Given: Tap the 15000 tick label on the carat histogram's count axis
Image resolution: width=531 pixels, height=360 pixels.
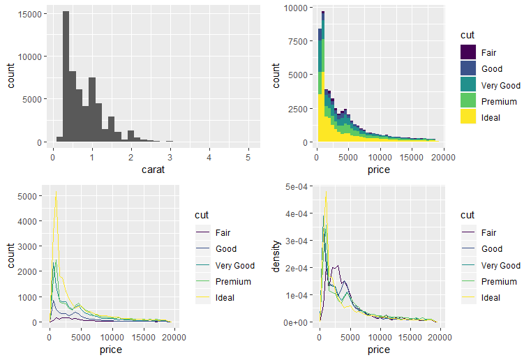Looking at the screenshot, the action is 30,14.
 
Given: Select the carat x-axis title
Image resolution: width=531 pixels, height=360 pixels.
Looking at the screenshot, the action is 153,170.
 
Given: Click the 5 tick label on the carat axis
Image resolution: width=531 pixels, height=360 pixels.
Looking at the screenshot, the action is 248,158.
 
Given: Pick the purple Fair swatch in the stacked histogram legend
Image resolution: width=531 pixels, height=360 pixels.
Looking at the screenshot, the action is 468,52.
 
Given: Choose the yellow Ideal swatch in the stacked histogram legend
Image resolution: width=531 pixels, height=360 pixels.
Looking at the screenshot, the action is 468,116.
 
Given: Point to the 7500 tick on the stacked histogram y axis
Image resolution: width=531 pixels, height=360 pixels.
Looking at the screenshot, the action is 311,41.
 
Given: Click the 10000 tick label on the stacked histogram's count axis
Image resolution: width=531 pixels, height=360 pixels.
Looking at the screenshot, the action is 296,8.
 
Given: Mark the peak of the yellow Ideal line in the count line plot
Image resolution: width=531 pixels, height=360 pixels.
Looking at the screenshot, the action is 57,192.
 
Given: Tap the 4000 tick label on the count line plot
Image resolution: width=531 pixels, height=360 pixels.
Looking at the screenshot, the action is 27,221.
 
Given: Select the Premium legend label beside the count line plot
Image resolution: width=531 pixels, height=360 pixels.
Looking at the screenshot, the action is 233,281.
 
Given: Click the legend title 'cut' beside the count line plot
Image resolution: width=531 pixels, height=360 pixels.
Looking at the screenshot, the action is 202,215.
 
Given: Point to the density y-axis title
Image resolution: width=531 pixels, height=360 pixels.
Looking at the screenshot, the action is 276,256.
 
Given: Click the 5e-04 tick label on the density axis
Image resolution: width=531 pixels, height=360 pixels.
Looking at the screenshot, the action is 297,186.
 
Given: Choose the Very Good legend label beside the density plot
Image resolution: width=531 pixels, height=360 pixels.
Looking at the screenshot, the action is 501,266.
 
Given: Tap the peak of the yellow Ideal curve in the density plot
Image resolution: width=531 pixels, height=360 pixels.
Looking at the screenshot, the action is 326,192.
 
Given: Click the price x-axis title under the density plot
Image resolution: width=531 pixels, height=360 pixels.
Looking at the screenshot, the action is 379,350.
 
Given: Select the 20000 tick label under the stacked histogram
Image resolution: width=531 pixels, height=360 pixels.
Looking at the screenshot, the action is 443,158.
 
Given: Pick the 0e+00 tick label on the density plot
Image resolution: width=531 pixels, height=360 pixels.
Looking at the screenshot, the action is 296,322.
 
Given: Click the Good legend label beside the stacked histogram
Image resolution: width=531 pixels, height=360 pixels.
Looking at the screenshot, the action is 492,69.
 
